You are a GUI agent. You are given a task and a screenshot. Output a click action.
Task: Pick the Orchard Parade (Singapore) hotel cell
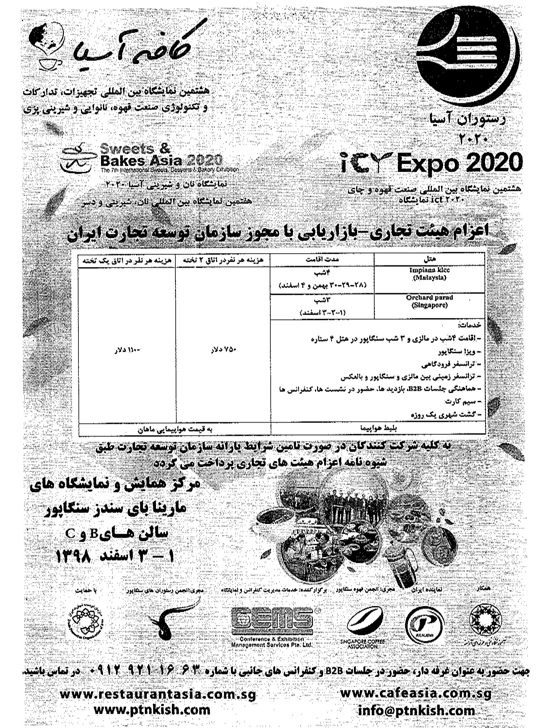[429, 301]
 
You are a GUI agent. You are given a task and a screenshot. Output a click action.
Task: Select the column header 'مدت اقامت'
[322, 259]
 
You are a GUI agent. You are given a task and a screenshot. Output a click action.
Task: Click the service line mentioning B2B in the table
[378, 388]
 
